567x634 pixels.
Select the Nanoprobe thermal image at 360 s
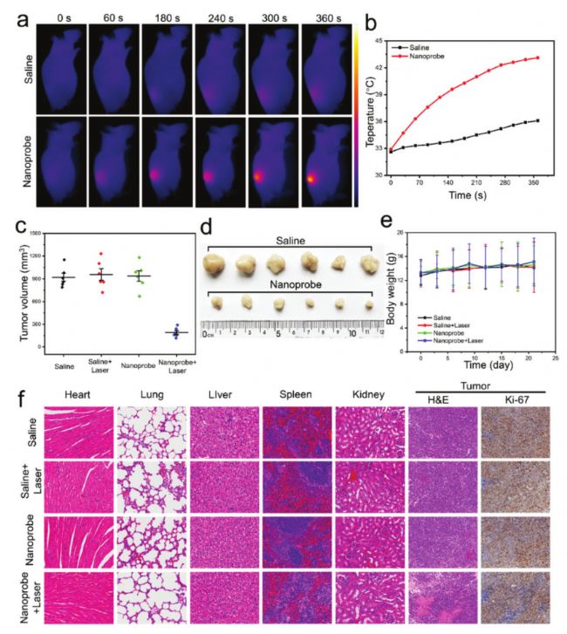[328, 163]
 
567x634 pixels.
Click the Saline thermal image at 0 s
[60, 69]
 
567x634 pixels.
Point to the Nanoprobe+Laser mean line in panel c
[176, 332]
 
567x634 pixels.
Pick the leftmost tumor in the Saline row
[217, 266]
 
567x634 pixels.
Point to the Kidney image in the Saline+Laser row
[369, 487]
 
